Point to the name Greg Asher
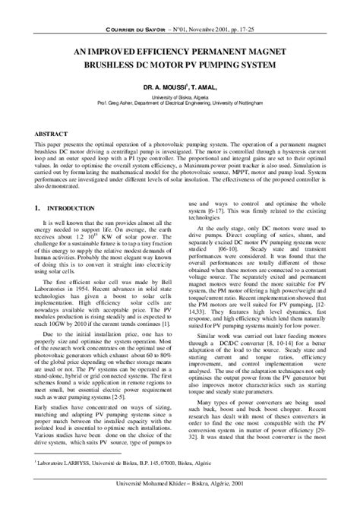coord(137,105)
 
